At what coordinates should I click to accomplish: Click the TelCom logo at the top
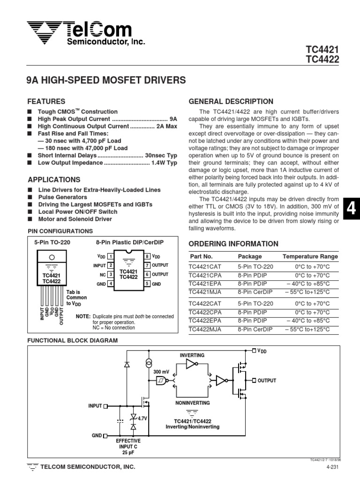point(80,33)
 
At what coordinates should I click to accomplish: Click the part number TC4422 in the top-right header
point(322,59)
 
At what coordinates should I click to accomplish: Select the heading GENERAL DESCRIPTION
point(231,102)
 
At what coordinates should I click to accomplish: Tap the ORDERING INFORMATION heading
point(233,244)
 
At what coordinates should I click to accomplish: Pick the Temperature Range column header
point(310,256)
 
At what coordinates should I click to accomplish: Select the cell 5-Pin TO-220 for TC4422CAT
point(255,303)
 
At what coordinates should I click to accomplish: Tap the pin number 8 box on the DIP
point(147,256)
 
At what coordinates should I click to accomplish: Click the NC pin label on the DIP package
point(103,275)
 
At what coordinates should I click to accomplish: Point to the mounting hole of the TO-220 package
point(52,257)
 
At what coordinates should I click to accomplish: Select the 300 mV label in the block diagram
point(161,371)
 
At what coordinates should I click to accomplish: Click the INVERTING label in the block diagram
point(192,355)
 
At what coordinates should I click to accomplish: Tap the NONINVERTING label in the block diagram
point(192,403)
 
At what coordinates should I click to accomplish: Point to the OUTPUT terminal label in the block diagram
point(267,381)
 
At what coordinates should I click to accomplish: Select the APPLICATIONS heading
point(54,180)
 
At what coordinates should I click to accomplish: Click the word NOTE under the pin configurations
point(83,316)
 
